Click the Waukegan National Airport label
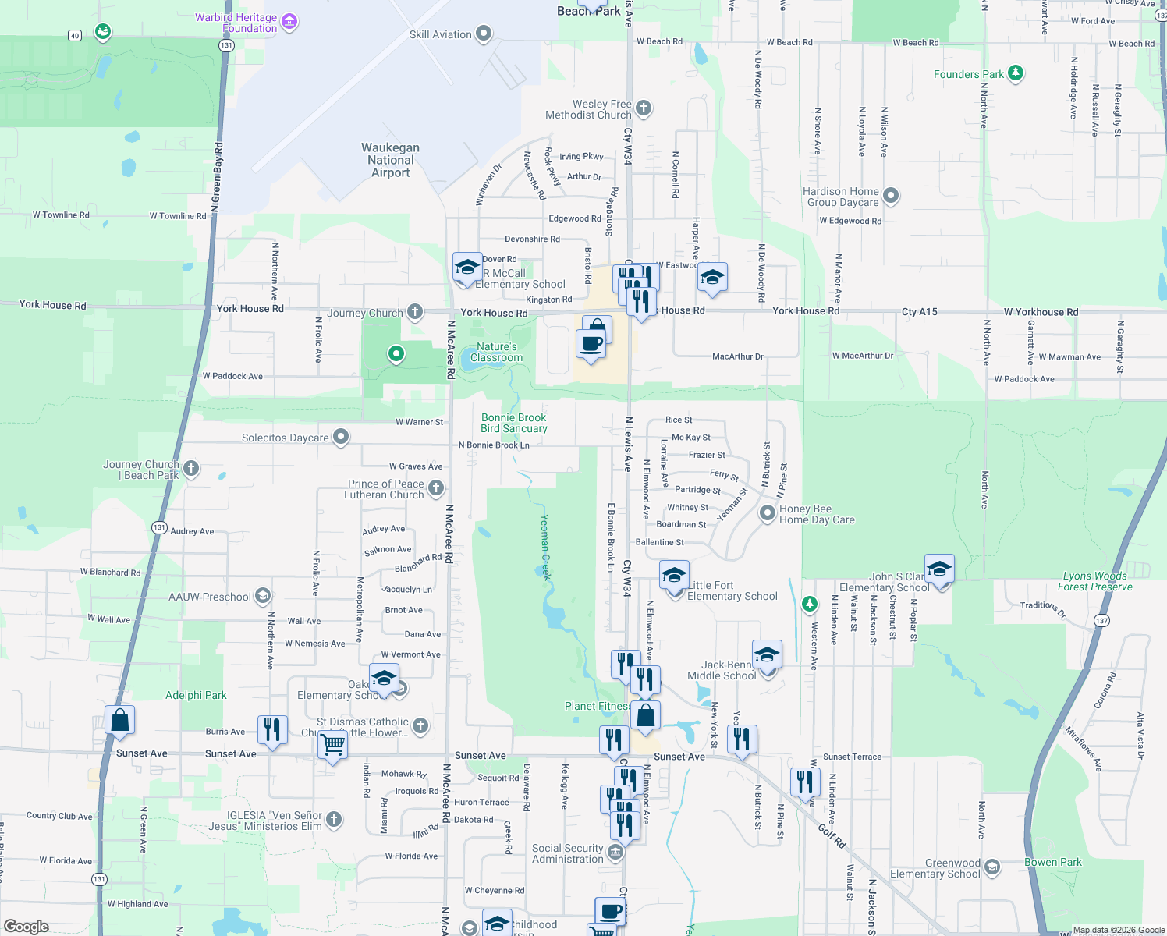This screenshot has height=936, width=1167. point(390,160)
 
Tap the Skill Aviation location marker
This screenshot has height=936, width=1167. point(484,34)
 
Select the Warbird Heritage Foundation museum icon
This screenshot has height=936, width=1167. point(289,22)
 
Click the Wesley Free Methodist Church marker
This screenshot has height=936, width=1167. point(644,108)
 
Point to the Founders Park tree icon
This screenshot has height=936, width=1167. point(1015,73)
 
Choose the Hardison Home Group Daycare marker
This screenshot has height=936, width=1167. point(891,196)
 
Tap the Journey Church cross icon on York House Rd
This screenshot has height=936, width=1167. point(415,312)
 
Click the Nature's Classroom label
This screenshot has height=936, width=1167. point(496,353)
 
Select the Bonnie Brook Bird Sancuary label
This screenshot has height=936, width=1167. point(514,423)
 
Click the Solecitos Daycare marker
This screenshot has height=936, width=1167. point(341,437)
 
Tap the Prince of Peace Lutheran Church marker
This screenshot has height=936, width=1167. point(436,488)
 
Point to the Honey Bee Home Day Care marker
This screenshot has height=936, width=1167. point(768,513)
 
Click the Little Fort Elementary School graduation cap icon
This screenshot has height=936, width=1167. point(674,576)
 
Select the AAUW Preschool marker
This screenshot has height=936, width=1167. point(263,597)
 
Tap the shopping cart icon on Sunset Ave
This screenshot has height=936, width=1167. point(333,744)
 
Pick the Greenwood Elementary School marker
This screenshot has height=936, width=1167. point(992,867)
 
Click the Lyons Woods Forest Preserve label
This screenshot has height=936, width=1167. point(1095,581)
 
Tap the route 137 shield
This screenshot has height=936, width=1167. point(1101,621)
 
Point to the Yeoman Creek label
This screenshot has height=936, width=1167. point(545,547)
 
